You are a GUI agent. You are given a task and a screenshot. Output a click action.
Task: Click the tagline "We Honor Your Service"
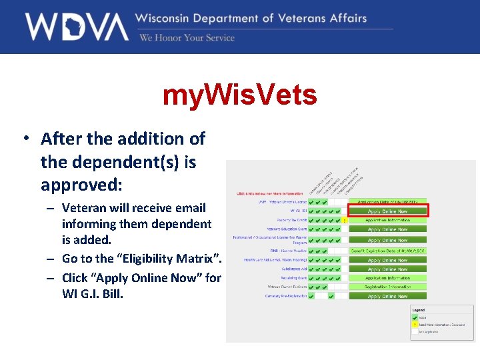pos(187,38)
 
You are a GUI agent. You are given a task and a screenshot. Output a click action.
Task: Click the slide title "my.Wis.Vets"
pos(240,96)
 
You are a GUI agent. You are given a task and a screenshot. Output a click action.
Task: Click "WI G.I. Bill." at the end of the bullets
pos(93,293)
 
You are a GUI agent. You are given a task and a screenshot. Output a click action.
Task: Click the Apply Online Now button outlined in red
pos(387,211)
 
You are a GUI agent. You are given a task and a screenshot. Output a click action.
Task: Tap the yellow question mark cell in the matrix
pos(344,220)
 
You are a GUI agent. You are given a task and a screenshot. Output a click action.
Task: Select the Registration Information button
pos(387,287)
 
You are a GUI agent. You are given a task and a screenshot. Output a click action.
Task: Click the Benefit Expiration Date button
pos(387,251)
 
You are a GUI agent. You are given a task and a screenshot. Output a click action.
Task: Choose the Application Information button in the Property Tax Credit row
pos(387,219)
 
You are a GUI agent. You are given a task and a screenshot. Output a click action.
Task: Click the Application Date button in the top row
pos(387,201)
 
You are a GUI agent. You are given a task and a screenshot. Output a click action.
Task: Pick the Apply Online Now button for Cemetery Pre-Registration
pos(387,296)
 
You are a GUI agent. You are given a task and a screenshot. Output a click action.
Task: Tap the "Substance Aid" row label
pos(293,269)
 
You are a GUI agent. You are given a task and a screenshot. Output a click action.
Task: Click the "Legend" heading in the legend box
pos(418,310)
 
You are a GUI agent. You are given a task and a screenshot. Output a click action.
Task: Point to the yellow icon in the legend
pos(414,324)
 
